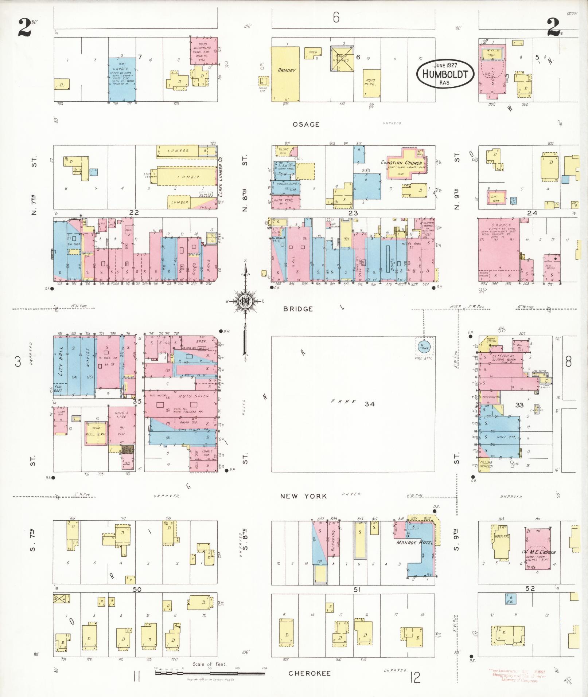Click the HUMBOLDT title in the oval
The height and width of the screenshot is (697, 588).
[x=445, y=74]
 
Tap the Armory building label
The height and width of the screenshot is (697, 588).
[x=287, y=70]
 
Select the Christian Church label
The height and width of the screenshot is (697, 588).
[x=401, y=162]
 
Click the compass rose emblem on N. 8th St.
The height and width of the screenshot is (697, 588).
[x=245, y=301]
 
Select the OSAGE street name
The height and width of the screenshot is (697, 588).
[x=306, y=125]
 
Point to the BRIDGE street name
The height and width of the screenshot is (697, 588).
[x=298, y=309]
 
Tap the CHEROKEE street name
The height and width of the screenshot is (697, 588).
[x=309, y=673]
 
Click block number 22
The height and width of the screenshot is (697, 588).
[x=134, y=212]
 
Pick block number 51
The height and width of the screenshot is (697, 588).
[x=357, y=589]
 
